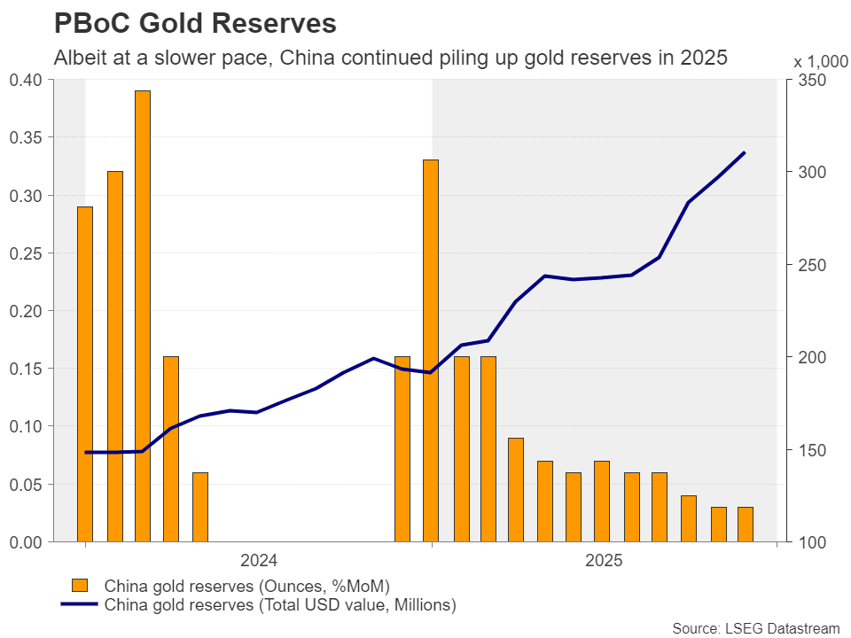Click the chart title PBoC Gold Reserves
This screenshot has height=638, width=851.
pyautogui.click(x=195, y=22)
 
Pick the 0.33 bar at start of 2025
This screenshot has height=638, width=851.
pyautogui.click(x=431, y=350)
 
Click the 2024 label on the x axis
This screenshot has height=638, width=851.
pyautogui.click(x=259, y=561)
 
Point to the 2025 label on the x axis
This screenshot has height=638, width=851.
pyautogui.click(x=604, y=561)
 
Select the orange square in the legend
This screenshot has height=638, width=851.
pyautogui.click(x=80, y=586)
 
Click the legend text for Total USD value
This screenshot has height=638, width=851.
pyautogui.click(x=280, y=605)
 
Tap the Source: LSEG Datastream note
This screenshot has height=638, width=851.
pyautogui.click(x=755, y=628)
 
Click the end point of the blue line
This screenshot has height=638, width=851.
pyautogui.click(x=745, y=152)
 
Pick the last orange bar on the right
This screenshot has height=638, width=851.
pyautogui.click(x=745, y=524)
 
